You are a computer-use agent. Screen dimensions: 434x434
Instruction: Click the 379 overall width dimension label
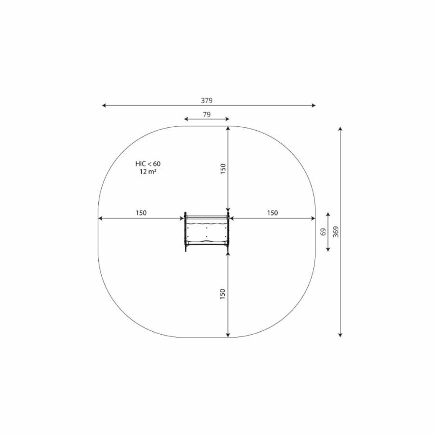pos(207,100)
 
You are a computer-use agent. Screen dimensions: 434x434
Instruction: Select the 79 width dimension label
pos(207,114)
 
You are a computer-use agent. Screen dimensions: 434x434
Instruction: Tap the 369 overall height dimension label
pos(336,232)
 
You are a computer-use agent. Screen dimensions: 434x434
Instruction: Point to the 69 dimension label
pos(323,232)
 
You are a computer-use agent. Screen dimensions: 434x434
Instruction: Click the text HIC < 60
pos(148,163)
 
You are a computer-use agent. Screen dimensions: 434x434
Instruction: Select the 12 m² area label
pos(148,172)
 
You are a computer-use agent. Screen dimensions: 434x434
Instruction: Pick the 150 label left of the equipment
pos(141,213)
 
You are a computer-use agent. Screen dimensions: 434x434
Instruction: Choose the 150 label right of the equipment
pos(272,213)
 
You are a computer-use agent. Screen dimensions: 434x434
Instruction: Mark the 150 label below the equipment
pos(222,294)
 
